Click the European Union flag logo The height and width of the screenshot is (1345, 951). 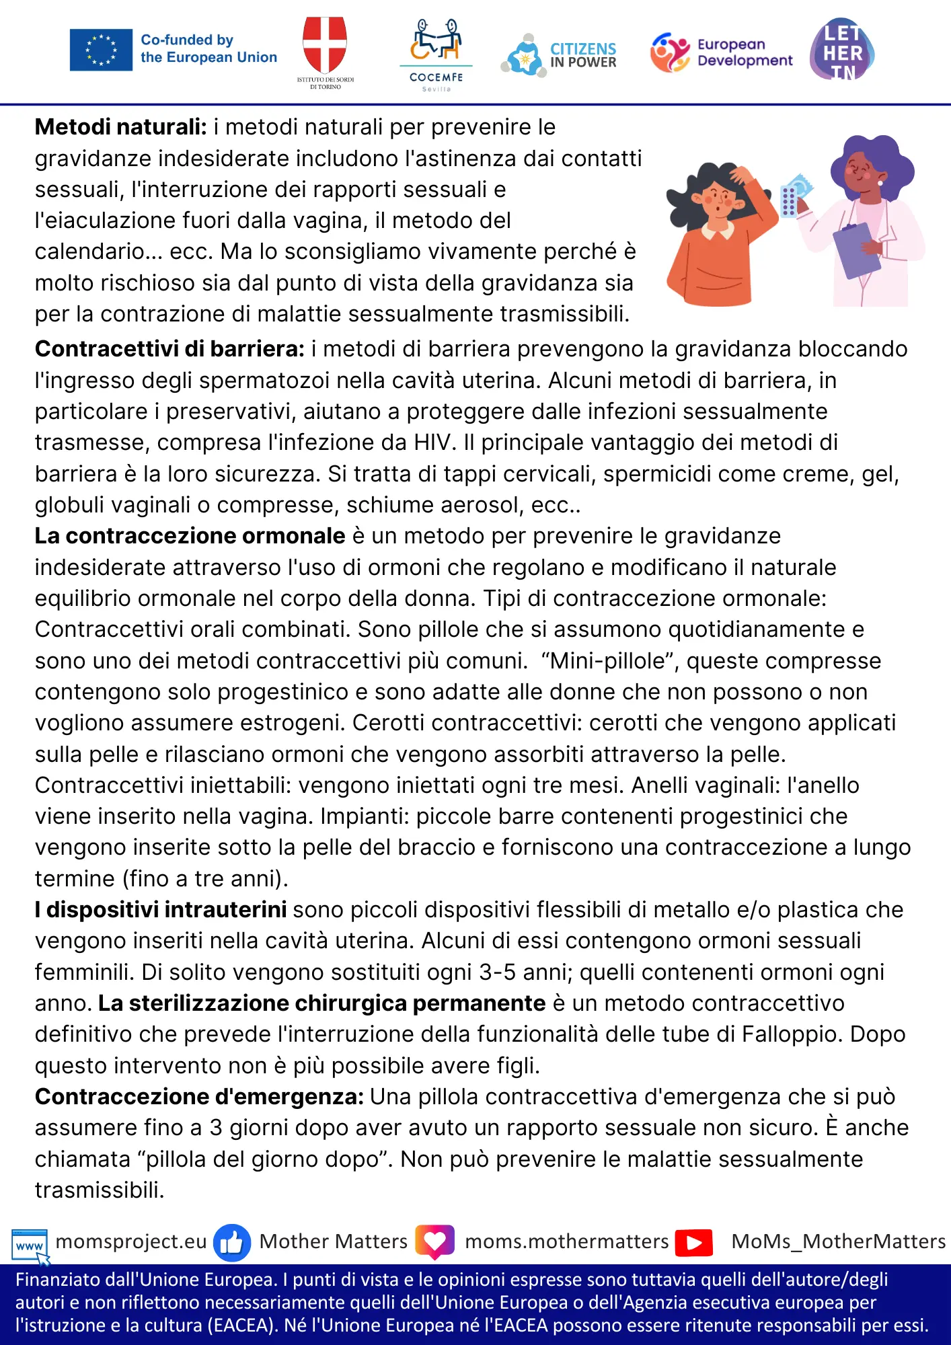(101, 50)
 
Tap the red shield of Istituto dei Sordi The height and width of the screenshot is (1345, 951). (325, 44)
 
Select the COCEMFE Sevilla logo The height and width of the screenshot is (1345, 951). (436, 54)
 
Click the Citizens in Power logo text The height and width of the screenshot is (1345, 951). (582, 55)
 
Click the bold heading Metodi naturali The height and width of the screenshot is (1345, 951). (121, 127)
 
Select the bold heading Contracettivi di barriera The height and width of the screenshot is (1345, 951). (169, 349)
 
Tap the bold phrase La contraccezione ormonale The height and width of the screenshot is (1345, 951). (190, 536)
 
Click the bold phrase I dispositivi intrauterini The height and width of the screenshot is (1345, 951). (161, 910)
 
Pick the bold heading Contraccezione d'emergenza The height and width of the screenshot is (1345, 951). (199, 1097)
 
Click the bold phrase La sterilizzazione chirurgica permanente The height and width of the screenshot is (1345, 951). (321, 1003)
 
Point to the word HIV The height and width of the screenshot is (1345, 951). (435, 443)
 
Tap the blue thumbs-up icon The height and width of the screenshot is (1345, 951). (231, 1242)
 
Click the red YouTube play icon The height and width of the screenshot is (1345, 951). (694, 1242)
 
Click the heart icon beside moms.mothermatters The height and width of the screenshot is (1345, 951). (434, 1241)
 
